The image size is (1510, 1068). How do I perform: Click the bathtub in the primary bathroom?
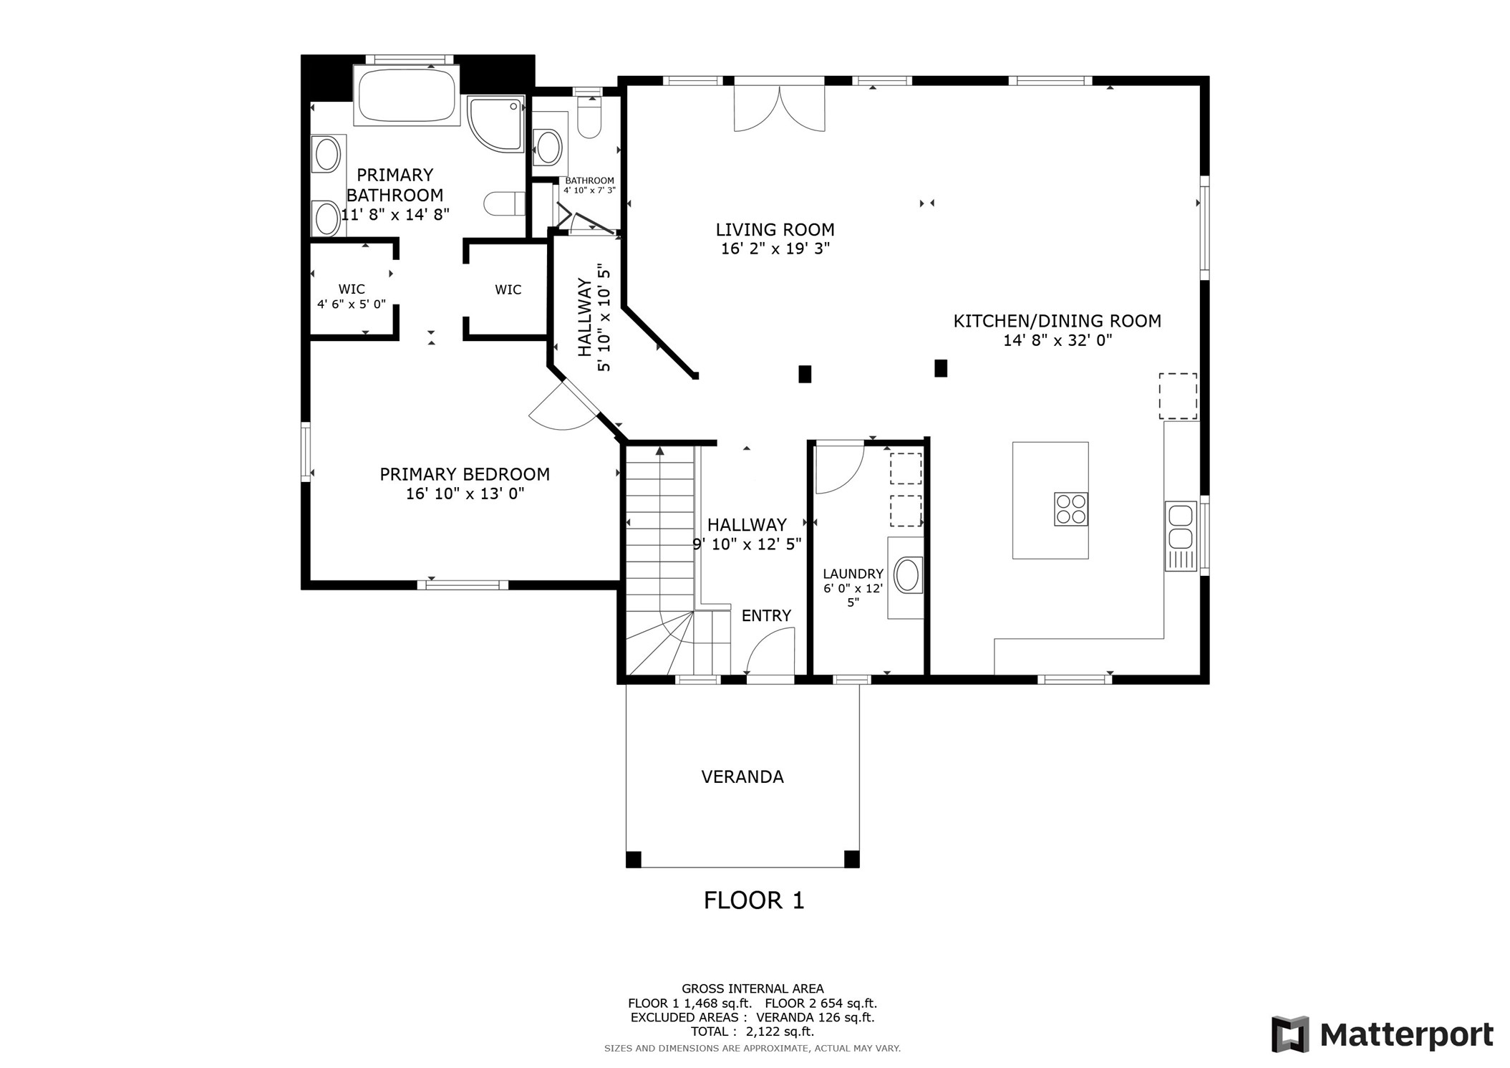coord(406,95)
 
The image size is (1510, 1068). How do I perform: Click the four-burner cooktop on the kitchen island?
coord(1070,509)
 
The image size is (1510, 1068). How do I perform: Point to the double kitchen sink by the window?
coord(1180,526)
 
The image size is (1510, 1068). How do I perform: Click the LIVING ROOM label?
coord(775,230)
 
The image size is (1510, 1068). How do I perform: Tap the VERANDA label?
coord(742,776)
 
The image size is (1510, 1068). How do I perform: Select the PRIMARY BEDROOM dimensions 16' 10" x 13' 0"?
coord(465,494)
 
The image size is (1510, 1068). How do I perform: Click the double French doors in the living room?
coord(779,107)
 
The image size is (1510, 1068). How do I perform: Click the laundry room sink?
coord(907,576)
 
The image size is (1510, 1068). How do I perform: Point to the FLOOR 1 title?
coord(753,900)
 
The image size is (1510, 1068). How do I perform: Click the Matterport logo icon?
coord(1289,1034)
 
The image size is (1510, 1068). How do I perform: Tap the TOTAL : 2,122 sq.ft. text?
coord(752,1031)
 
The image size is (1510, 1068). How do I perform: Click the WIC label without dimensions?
coord(508,289)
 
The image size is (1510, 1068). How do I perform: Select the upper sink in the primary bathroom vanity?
coord(327,154)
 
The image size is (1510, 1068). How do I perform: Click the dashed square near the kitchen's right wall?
coord(1178,396)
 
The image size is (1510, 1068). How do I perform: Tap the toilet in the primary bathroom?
coord(504,203)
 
